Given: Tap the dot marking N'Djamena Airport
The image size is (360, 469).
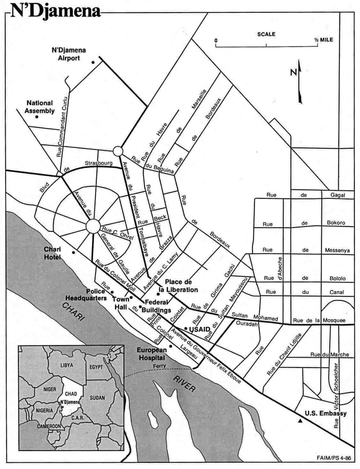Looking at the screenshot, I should click(93, 62).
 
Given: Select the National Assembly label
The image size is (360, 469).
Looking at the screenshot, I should click(40, 107).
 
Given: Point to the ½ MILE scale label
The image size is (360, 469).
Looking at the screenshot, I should click(323, 40).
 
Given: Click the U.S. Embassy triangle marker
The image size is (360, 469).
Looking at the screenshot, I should click(300, 421).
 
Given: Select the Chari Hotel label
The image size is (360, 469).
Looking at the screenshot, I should click(52, 253).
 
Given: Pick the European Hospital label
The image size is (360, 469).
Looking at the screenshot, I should click(151, 354).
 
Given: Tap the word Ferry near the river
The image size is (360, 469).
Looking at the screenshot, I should click(159, 366).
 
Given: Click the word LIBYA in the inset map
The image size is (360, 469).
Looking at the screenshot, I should click(67, 365).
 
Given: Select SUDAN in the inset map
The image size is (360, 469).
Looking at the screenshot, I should click(97, 398).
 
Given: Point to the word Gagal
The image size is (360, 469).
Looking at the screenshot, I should click(337, 195).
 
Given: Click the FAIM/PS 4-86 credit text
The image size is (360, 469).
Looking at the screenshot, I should click(334, 458).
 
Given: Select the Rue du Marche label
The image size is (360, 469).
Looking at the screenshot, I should click(329, 354).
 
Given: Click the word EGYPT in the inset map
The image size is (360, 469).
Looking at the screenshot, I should click(96, 367).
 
